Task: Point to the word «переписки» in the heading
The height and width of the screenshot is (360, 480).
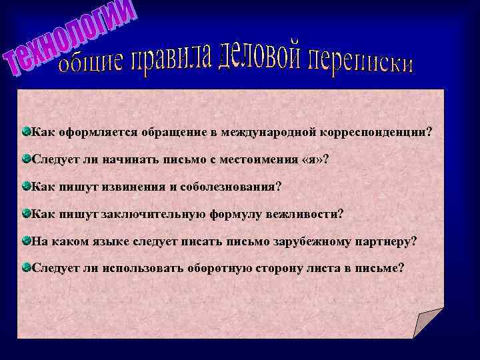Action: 360,62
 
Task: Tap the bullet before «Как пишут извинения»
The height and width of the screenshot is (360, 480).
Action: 25,186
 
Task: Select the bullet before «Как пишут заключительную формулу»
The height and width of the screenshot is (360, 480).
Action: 25,213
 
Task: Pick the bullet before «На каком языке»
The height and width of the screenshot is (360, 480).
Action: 25,240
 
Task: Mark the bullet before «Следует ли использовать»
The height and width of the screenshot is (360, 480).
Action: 25,267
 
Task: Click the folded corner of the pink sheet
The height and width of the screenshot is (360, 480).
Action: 427,323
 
